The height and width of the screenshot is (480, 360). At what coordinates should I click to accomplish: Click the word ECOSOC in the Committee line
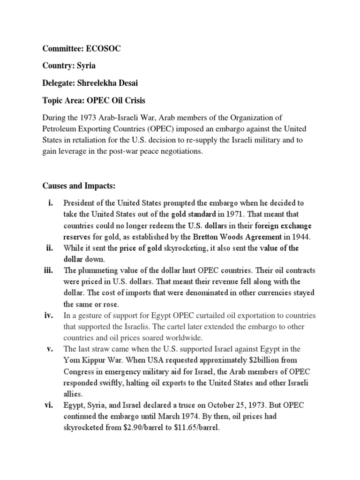[103, 49]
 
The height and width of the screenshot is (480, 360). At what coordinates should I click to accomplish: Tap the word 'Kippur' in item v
[93, 360]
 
